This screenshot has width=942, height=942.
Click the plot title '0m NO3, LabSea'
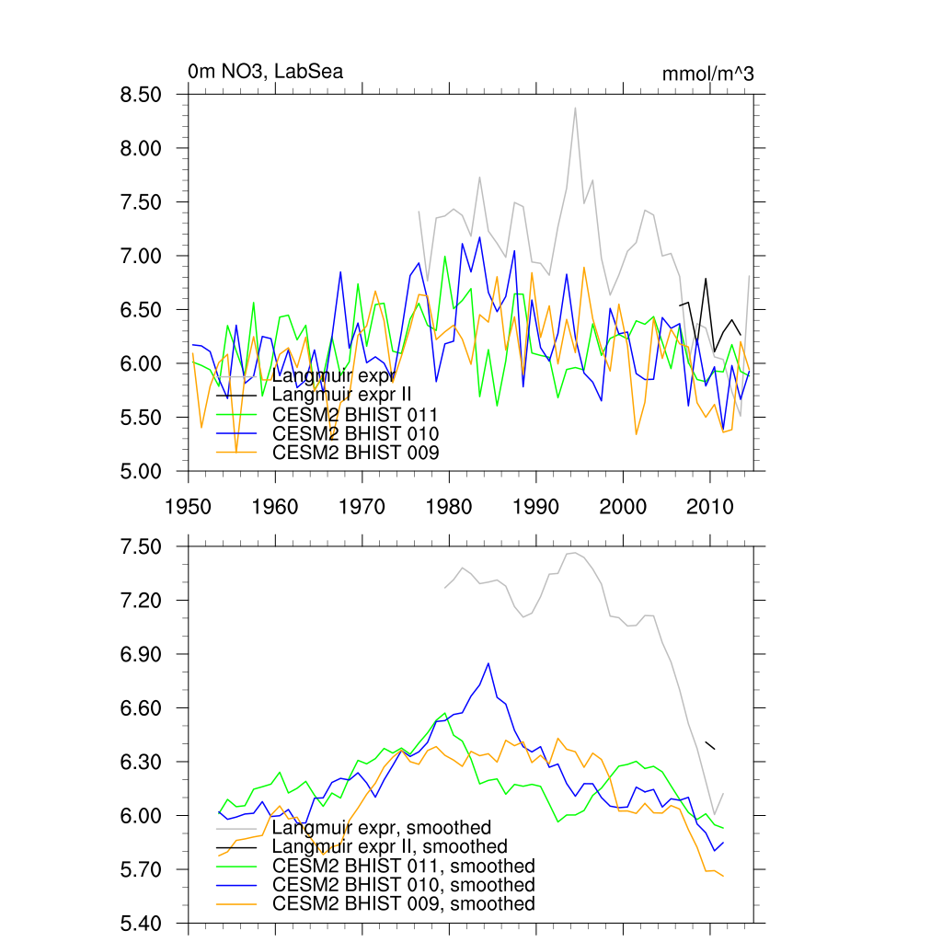click(x=265, y=72)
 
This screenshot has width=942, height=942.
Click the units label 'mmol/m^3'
click(x=707, y=74)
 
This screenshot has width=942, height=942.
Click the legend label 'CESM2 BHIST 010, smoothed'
click(x=404, y=885)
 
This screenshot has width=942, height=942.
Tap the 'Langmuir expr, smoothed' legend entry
click(x=382, y=828)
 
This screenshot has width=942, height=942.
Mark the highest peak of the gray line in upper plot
click(x=575, y=109)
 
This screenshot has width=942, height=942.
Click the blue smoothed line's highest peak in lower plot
click(x=488, y=663)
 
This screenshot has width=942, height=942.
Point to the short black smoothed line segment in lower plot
click(x=709, y=745)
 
